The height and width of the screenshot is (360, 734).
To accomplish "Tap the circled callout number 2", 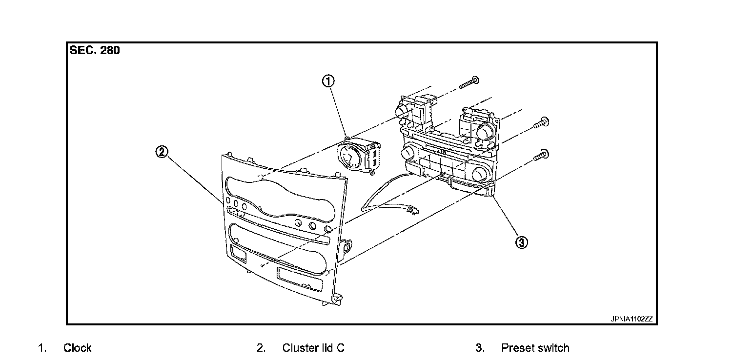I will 162,152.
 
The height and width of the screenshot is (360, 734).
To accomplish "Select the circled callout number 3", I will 521,242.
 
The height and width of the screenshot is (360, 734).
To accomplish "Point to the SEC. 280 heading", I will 95,50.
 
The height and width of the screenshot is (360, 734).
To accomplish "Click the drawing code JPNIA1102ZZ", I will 631,319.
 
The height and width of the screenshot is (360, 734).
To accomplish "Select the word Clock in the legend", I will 78,348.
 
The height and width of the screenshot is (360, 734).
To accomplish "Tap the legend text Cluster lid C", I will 313,348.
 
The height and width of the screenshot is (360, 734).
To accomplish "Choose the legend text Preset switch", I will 535,348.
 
